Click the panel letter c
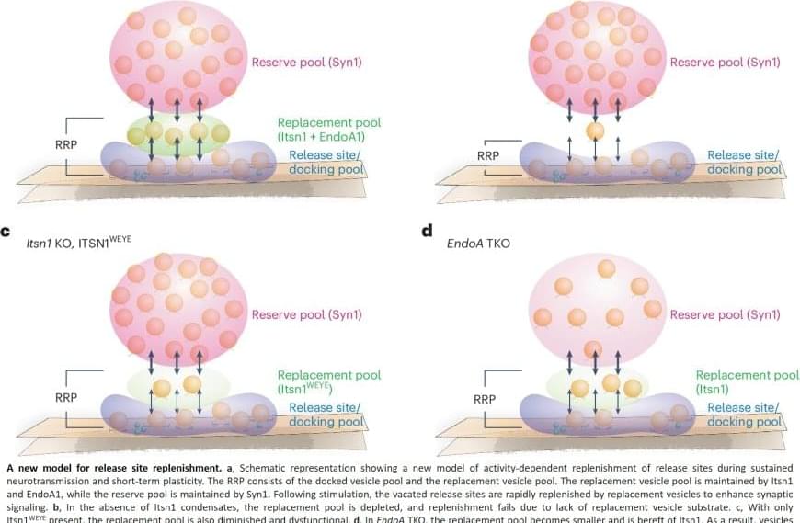pos(6,233)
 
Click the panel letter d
pos(427,231)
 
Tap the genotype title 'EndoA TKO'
pos(478,244)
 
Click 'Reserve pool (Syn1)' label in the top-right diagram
pos(725,63)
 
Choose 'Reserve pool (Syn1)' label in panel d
pos(725,315)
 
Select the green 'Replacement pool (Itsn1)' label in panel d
pos(747,381)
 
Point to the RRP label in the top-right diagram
pos(487,155)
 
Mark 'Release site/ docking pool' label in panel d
pos(744,415)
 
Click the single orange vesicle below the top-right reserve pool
pos(595,131)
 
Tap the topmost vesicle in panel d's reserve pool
pos(606,267)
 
